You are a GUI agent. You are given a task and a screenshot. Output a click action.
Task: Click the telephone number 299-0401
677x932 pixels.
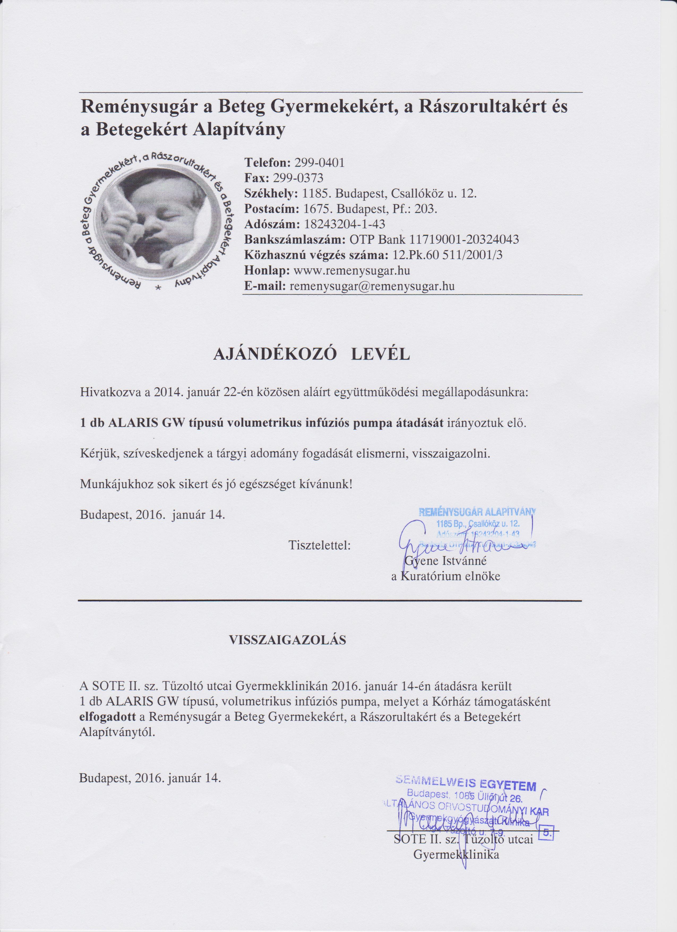click(319, 163)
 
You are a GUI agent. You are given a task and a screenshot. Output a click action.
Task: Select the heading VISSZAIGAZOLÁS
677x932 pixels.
click(287, 640)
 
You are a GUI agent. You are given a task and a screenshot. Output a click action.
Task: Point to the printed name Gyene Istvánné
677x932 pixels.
click(445, 560)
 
